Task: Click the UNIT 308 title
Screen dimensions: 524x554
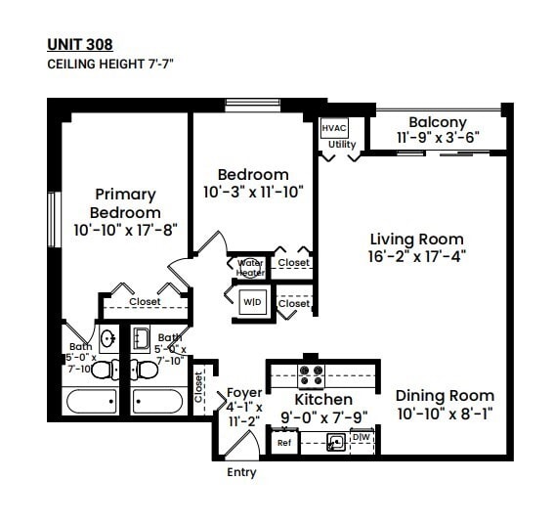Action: click(80, 44)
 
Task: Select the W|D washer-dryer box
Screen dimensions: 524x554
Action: click(251, 302)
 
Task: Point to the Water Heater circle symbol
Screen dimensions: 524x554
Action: click(250, 267)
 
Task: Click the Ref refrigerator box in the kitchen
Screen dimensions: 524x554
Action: click(284, 442)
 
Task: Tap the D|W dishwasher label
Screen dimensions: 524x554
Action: click(361, 437)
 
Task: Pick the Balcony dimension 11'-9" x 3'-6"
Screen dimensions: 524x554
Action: click(438, 138)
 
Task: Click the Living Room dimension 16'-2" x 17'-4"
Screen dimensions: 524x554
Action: click(416, 257)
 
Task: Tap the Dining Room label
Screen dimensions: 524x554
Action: click(445, 396)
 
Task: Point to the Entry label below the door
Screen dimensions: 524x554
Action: click(241, 472)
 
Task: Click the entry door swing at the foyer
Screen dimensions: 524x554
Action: click(237, 443)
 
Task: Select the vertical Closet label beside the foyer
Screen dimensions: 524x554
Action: click(198, 386)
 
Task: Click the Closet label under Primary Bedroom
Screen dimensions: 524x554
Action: click(146, 302)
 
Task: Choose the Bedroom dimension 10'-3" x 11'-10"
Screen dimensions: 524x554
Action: click(254, 193)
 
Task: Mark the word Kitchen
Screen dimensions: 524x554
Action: click(323, 400)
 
